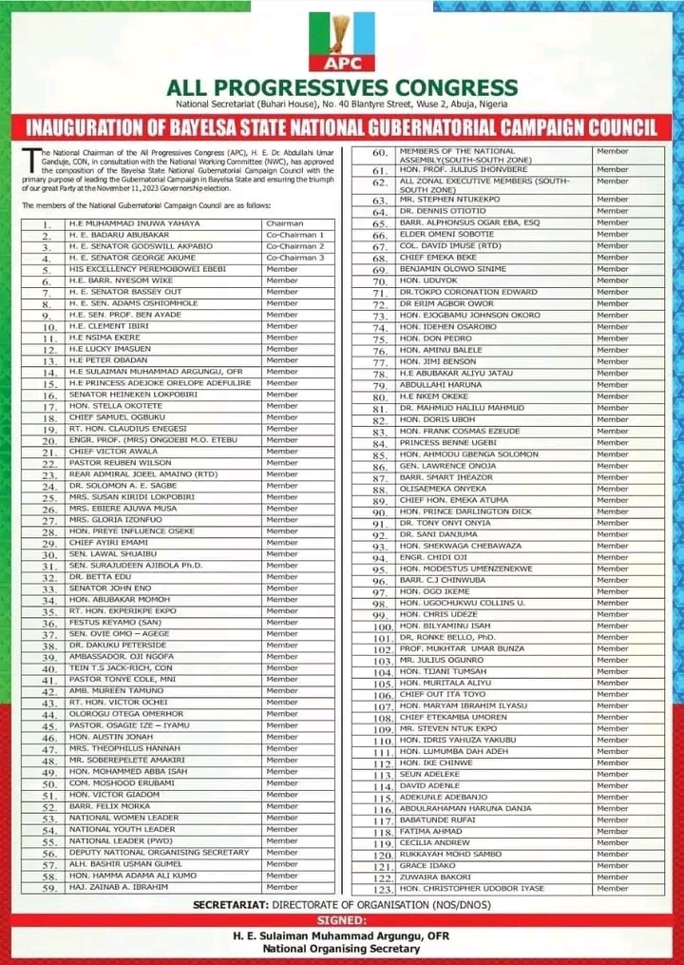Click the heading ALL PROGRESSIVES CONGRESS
342,87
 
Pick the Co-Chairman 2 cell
295,245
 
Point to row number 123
382,889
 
